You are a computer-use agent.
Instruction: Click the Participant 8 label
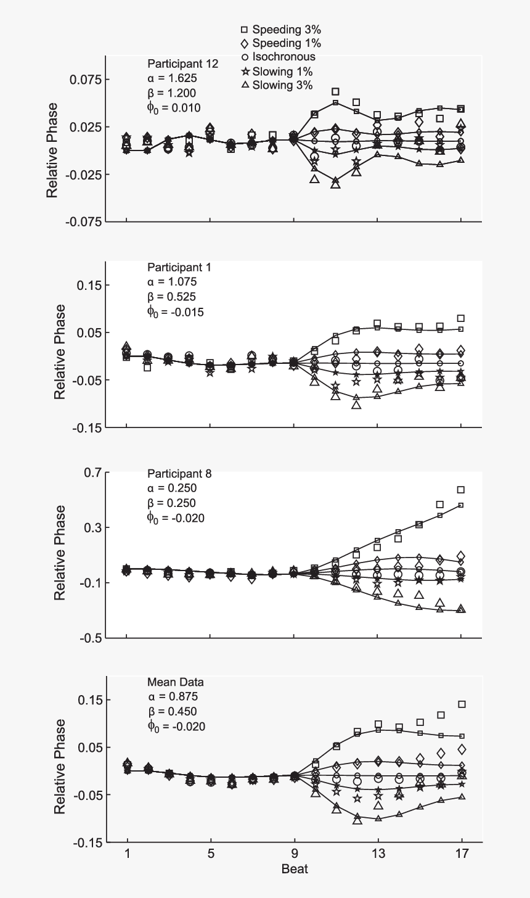[x=179, y=474]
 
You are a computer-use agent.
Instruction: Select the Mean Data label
[x=175, y=682]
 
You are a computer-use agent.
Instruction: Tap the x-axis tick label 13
[x=378, y=854]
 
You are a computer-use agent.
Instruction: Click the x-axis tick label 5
[x=211, y=854]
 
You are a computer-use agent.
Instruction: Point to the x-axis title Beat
[x=295, y=869]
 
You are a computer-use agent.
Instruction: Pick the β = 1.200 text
[x=171, y=94]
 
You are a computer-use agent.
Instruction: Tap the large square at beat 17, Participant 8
[x=460, y=490]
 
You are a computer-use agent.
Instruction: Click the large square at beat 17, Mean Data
[x=462, y=704]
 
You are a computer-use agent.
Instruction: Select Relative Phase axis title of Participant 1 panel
[x=60, y=352]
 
